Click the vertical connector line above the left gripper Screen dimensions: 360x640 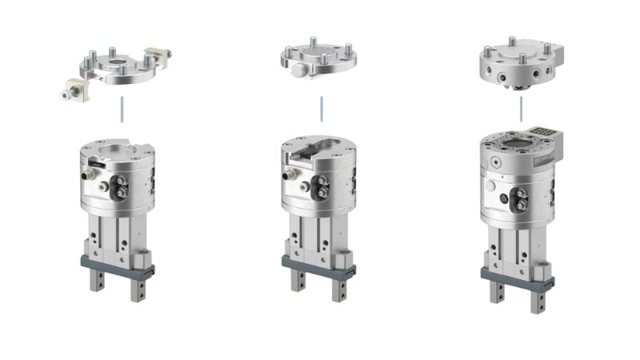pyautogui.click(x=121, y=109)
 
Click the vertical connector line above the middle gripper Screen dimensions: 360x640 pyautogui.click(x=322, y=109)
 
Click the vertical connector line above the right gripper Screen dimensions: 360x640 pyautogui.click(x=521, y=109)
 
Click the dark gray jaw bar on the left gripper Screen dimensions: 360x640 pyautogui.click(x=115, y=263)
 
